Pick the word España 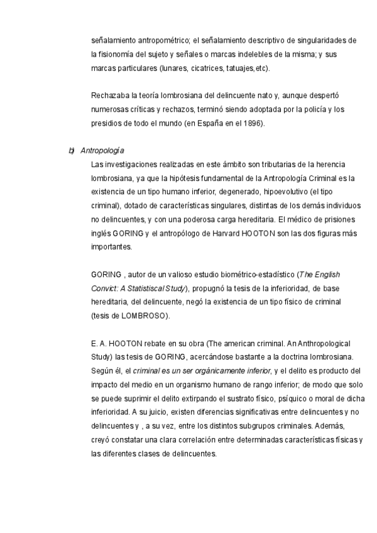pyautogui.click(x=200, y=123)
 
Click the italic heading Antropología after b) pyautogui.click(x=102, y=151)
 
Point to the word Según pyautogui.click(x=102, y=370)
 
